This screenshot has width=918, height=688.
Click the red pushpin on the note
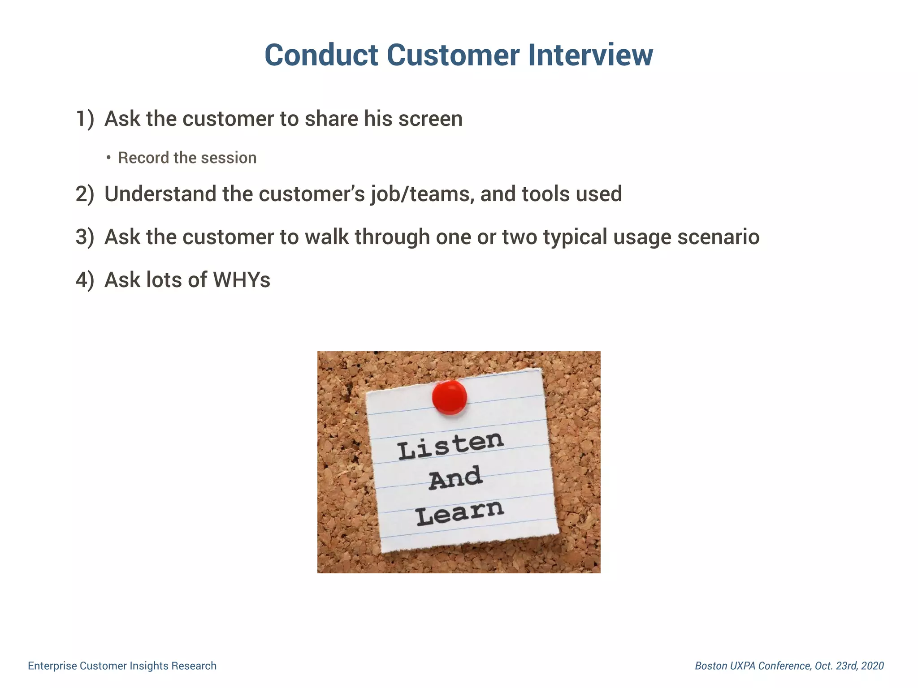(x=449, y=397)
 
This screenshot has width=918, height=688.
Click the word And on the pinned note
(x=455, y=478)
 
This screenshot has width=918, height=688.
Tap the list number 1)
(x=85, y=119)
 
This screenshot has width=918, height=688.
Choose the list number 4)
(x=85, y=280)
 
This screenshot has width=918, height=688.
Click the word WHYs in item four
(x=242, y=280)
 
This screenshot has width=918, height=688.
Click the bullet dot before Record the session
(x=108, y=158)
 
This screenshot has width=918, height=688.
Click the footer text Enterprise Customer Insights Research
(x=122, y=666)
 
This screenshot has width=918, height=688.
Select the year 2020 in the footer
(x=872, y=666)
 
